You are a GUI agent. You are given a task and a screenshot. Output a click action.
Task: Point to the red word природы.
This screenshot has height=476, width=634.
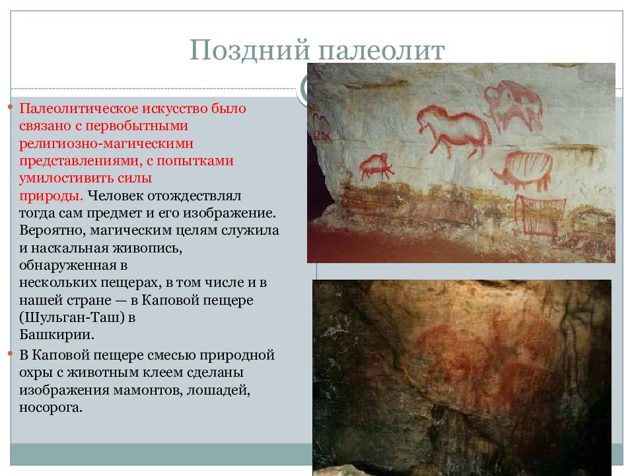[x=50, y=196]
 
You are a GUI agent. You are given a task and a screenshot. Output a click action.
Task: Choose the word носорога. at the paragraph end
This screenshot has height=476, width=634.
[x=51, y=408]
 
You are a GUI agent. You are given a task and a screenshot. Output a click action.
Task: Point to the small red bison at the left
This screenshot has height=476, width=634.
[x=375, y=165]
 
